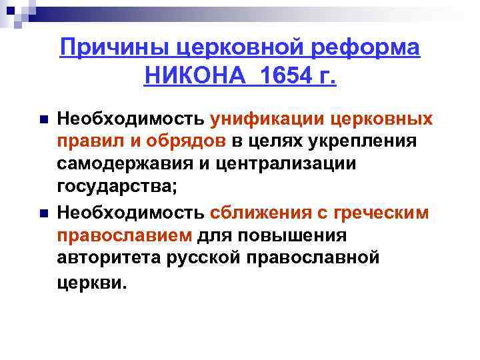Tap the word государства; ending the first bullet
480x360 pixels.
tap(117, 187)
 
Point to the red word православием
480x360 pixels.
tap(125, 235)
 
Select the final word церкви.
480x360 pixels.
tap(91, 281)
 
